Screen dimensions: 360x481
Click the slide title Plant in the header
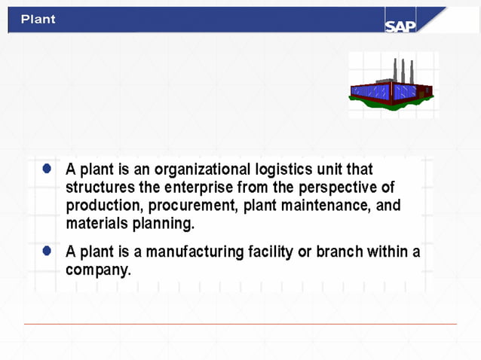point(38,19)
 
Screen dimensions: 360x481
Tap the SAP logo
point(400,26)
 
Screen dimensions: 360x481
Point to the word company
point(98,270)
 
